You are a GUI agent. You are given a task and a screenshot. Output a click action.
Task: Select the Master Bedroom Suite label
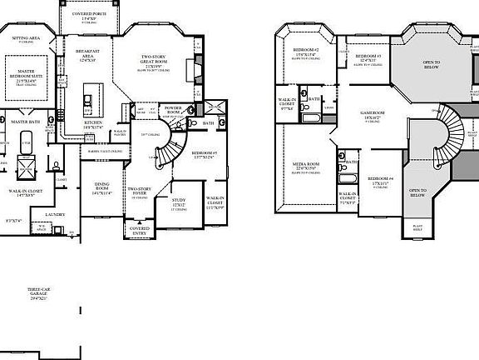pyautogui.click(x=31, y=76)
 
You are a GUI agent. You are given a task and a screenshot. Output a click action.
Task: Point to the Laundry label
pyautogui.click(x=55, y=213)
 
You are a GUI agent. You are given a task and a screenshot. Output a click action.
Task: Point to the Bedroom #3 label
pyautogui.click(x=367, y=56)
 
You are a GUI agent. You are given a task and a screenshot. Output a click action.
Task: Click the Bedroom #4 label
pyautogui.click(x=380, y=178)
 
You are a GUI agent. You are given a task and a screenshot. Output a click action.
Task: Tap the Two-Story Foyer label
pyautogui.click(x=138, y=192)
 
